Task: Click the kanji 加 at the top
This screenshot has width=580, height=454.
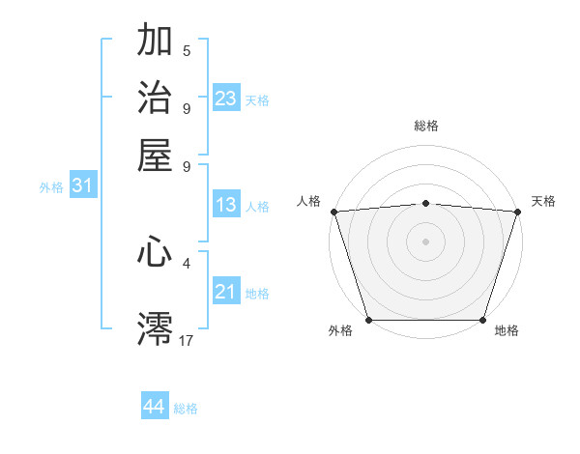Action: tap(155, 42)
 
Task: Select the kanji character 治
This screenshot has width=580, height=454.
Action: tap(155, 99)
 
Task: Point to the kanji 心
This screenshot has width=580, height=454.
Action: tap(155, 252)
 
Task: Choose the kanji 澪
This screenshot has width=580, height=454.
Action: tap(155, 328)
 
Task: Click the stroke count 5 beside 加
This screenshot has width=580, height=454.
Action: tap(187, 50)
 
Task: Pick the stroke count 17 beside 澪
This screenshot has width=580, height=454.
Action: tap(187, 339)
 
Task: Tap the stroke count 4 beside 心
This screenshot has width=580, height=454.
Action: tap(187, 261)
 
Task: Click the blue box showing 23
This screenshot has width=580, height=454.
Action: tap(226, 99)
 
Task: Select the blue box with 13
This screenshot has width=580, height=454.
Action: tap(226, 205)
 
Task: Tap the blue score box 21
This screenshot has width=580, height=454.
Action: tap(226, 292)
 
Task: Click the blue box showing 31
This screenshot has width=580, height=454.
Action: tap(82, 185)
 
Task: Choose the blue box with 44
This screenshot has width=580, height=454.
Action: tap(155, 407)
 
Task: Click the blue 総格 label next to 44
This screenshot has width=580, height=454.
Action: tap(186, 409)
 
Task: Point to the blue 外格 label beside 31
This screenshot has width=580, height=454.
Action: tap(51, 187)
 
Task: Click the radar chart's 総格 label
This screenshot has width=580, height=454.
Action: tap(425, 126)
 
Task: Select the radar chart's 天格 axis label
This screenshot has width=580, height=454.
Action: tap(543, 201)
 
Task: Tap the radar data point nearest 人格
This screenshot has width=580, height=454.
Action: tap(333, 211)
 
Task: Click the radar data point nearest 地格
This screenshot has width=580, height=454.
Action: tap(482, 320)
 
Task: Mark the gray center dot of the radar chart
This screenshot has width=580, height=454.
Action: tap(425, 241)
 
